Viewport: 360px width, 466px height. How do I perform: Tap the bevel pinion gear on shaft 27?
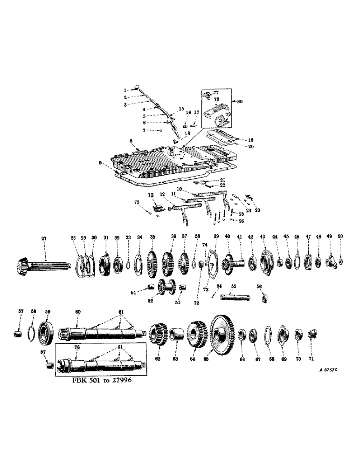[x=26, y=267]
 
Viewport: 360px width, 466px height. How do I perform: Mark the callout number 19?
[x=251, y=139]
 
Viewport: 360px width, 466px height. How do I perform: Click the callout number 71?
[x=311, y=359]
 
